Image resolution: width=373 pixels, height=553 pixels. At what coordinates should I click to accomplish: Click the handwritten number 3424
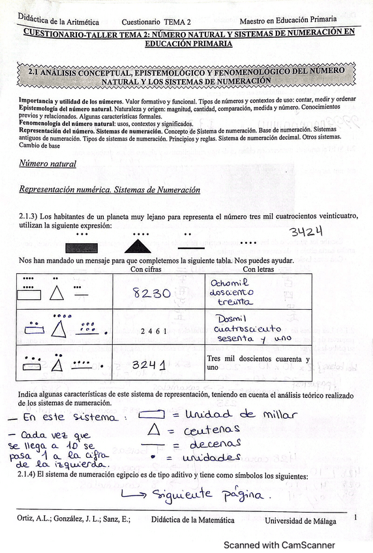click(x=306, y=232)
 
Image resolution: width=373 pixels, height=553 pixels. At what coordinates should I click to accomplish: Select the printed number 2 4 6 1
click(x=154, y=331)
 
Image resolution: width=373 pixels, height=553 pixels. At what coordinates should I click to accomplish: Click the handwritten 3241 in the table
click(x=148, y=365)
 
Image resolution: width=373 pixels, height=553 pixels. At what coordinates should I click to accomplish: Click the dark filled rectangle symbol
click(x=82, y=247)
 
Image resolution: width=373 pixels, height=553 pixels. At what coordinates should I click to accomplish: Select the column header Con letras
click(x=258, y=269)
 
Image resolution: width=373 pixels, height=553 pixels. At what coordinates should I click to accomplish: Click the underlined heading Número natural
click(x=48, y=164)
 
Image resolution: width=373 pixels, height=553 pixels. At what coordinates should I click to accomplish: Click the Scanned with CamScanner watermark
click(x=279, y=545)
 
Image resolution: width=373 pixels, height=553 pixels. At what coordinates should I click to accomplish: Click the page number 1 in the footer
click(x=355, y=517)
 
